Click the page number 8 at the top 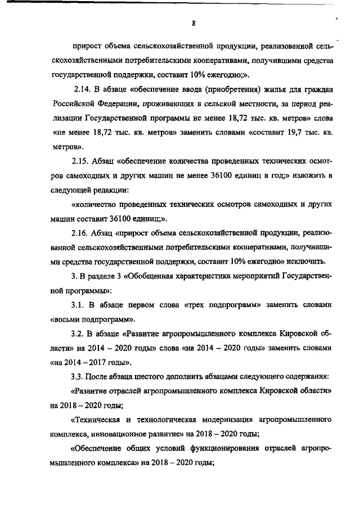tap(193, 23)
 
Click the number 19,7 tap(286, 132)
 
